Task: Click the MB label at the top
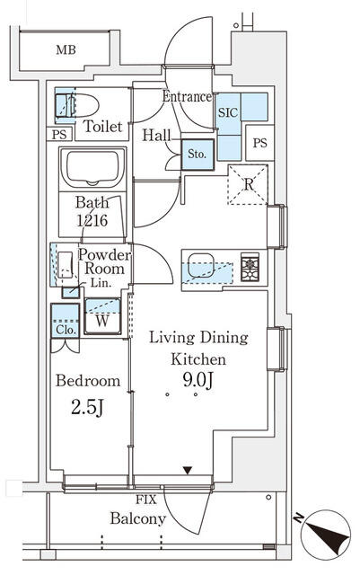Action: click(x=66, y=49)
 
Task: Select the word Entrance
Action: click(x=187, y=96)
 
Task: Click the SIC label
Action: click(x=227, y=114)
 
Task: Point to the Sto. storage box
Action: click(x=197, y=154)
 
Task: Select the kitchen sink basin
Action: click(x=200, y=268)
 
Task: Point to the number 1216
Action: click(x=92, y=219)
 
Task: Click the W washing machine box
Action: click(x=102, y=319)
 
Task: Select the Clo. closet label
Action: click(x=65, y=329)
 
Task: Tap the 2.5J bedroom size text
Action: click(x=87, y=410)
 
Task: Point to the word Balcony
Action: click(x=138, y=518)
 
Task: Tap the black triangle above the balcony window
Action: click(x=187, y=470)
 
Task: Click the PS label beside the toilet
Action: click(x=58, y=135)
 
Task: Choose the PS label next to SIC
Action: click(x=259, y=142)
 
